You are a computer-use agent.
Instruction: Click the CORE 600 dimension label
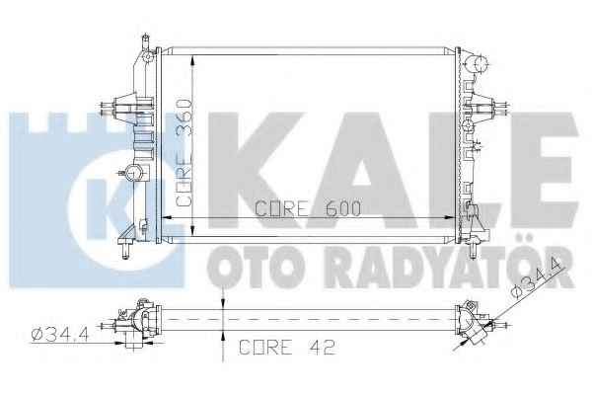pos(308,208)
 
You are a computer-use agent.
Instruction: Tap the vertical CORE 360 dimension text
pos(185,153)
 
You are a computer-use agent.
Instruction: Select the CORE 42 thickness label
pos(287,347)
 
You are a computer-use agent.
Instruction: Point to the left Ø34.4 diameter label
pos(60,334)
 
